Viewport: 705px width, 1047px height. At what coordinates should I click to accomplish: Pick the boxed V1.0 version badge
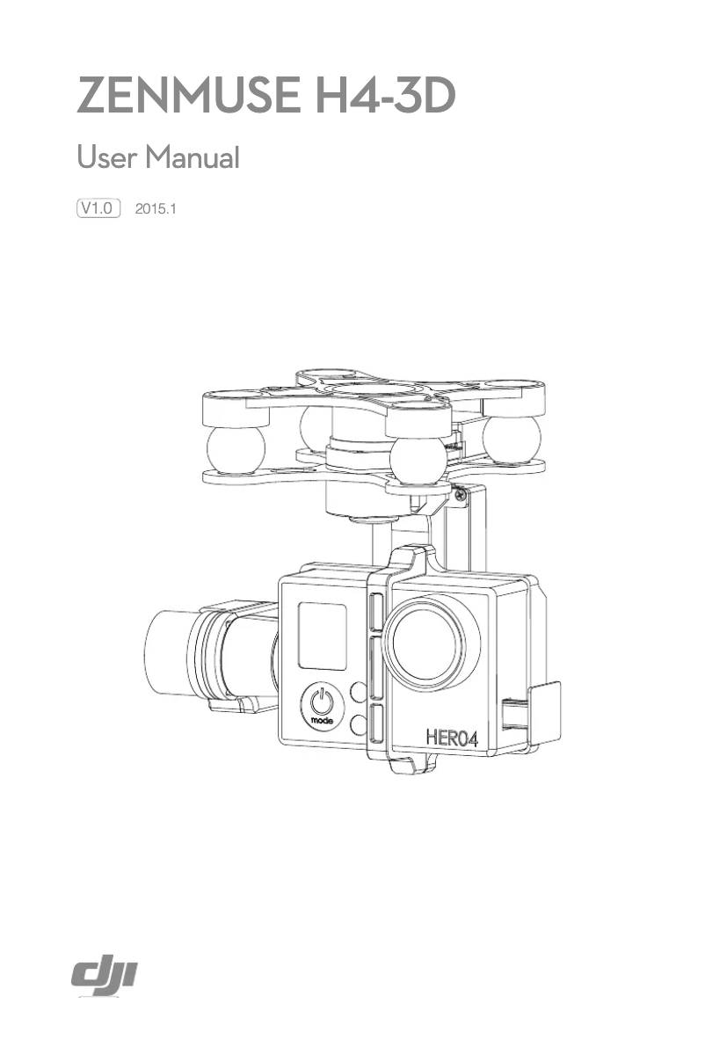(98, 208)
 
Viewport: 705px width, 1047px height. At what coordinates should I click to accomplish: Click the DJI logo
(107, 977)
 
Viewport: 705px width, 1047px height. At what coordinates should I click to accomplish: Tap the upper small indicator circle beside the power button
(357, 692)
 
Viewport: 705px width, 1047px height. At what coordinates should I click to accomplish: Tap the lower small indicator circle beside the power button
(357, 724)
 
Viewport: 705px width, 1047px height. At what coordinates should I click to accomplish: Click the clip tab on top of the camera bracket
(410, 560)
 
